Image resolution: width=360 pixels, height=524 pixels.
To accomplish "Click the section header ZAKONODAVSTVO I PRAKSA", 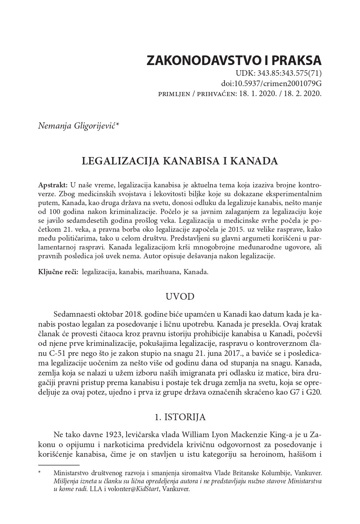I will pyautogui.click(x=234, y=60).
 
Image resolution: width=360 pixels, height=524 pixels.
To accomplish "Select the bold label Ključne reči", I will pyautogui.click(x=58, y=272).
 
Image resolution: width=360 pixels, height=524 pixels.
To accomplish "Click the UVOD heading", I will pyautogui.click(x=180, y=297).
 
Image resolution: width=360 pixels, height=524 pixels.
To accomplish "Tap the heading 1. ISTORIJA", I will pyautogui.click(x=180, y=417).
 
